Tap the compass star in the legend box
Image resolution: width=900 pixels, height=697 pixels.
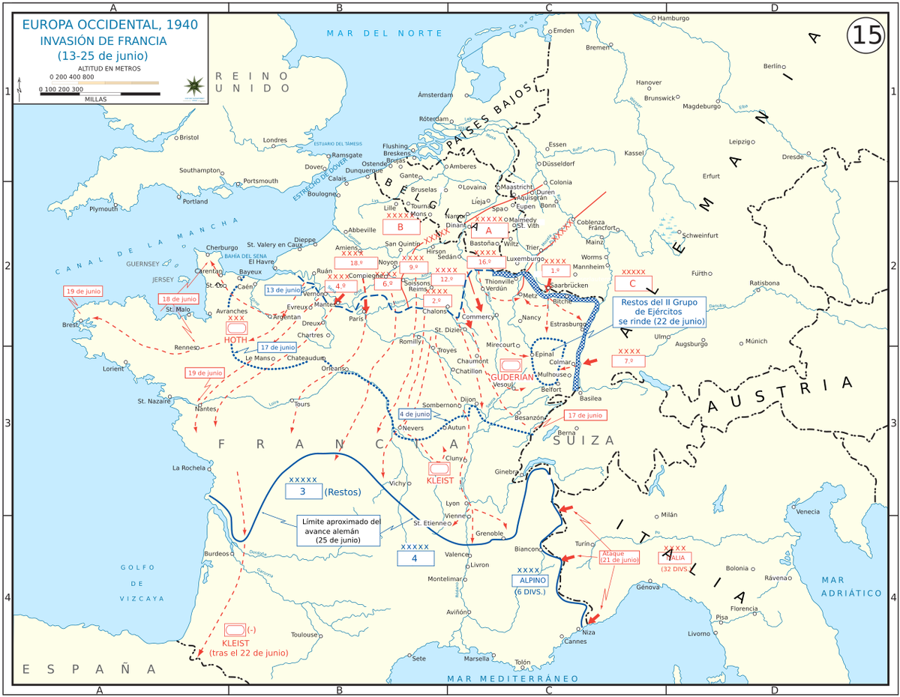pyautogui.click(x=194, y=84)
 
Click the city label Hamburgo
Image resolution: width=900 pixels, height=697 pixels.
pyautogui.click(x=674, y=17)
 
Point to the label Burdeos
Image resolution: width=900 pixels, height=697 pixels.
pyautogui.click(x=215, y=553)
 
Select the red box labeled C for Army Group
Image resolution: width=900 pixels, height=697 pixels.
pyautogui.click(x=633, y=283)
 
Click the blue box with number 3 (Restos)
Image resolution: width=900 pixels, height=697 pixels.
pyautogui.click(x=302, y=492)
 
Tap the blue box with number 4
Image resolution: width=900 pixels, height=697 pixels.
pyautogui.click(x=415, y=558)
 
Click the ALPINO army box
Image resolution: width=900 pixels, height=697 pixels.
pyautogui.click(x=530, y=580)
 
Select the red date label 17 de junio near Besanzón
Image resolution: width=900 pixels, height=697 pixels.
pyautogui.click(x=585, y=414)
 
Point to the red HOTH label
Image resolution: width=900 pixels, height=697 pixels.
pyautogui.click(x=235, y=340)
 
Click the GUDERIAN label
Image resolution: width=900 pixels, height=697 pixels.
pyautogui.click(x=513, y=377)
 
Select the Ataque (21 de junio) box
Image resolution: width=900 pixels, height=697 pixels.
pyautogui.click(x=619, y=556)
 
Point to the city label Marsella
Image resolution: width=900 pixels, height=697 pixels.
pyautogui.click(x=476, y=659)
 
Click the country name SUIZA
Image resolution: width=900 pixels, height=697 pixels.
pyautogui.click(x=583, y=440)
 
